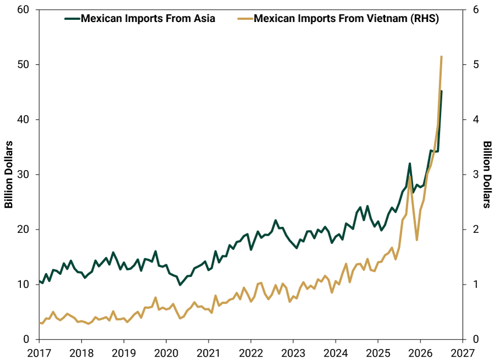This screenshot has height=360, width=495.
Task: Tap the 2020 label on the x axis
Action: tap(166, 353)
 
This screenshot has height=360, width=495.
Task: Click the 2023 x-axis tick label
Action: tap(293, 353)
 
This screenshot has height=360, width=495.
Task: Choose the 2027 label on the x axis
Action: tap(463, 353)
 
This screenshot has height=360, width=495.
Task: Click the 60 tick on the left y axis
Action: tap(23, 10)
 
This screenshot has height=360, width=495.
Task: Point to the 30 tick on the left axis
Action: tap(23, 174)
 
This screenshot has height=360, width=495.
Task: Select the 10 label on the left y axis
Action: tap(23, 285)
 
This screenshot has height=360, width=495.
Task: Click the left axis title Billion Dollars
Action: tap(8, 174)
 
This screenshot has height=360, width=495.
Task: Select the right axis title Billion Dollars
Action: tap(487, 174)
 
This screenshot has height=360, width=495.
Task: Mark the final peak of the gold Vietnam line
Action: tap(441, 57)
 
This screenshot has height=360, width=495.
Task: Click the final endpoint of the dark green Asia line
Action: tap(441, 91)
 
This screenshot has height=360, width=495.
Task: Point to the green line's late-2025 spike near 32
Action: tap(409, 163)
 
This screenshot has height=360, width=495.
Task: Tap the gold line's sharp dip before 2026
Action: tap(417, 240)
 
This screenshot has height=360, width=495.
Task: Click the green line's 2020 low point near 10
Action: tap(180, 285)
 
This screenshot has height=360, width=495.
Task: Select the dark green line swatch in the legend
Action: tap(73, 19)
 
